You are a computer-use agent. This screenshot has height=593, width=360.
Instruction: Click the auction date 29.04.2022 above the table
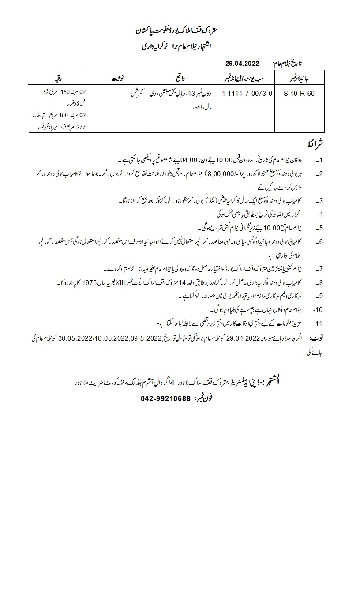242,64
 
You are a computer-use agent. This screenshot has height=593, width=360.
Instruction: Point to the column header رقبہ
57,78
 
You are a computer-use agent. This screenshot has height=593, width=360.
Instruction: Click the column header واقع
180,78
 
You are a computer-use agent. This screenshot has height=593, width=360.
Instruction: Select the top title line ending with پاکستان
180,31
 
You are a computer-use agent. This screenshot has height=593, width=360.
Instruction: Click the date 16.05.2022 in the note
102,338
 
